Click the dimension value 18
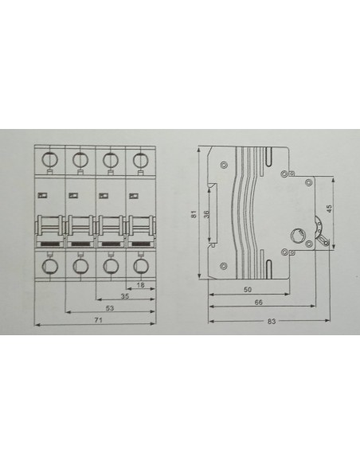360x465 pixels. tap(141, 285)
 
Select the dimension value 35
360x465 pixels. tap(125, 296)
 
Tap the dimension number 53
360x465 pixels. tap(110, 308)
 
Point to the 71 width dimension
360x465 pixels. tap(98, 320)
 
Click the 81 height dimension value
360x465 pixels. tap(194, 214)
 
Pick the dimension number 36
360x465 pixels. tap(207, 214)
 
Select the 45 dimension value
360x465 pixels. tap(329, 208)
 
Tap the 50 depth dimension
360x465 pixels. tap(248, 290)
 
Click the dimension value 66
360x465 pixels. tap(259, 303)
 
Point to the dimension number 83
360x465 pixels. tap(272, 321)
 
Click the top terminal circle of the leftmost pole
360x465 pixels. tap(49, 160)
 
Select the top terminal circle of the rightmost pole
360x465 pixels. tap(140, 160)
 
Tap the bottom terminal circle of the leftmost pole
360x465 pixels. tap(50, 266)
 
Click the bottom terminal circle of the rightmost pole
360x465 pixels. tap(140, 266)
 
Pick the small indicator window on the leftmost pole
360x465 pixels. tap(43, 195)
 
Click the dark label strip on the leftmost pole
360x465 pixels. tap(50, 244)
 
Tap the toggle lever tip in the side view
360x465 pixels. tap(327, 243)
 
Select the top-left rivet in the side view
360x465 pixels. tap(224, 164)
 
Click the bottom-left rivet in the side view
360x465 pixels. tap(224, 266)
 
